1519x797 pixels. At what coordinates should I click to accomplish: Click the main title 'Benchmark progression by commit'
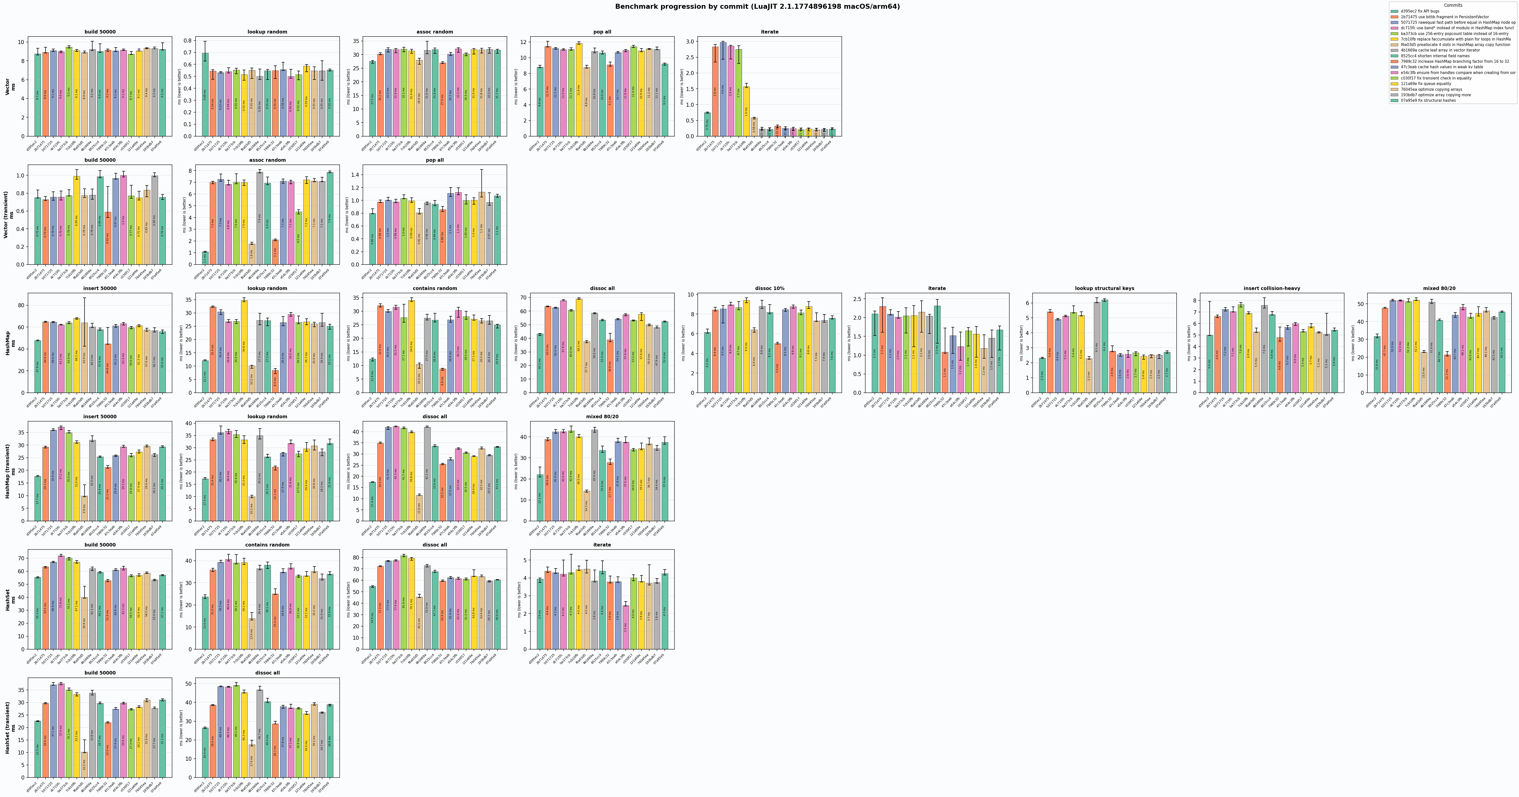[x=757, y=6]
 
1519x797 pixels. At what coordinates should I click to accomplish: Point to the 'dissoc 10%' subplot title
[x=770, y=288]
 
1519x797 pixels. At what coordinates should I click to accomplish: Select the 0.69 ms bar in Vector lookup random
[x=205, y=94]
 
